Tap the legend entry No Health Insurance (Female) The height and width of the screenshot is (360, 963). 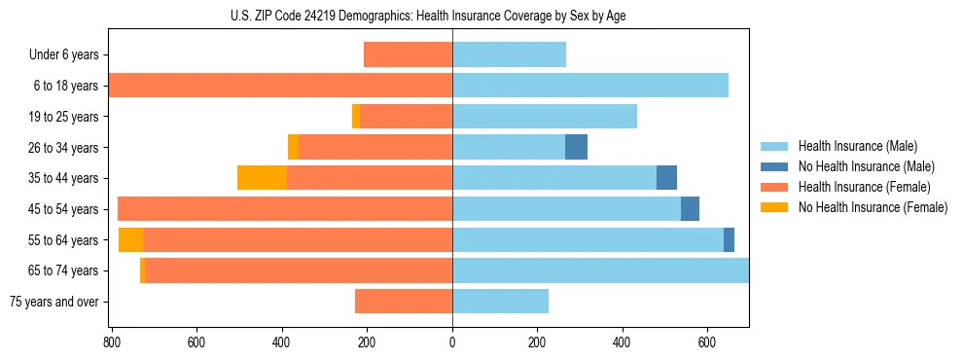(x=873, y=207)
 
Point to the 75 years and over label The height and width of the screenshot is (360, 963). (x=54, y=302)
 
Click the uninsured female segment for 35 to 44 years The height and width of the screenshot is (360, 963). (x=262, y=178)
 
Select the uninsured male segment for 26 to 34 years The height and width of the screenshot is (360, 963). (x=576, y=147)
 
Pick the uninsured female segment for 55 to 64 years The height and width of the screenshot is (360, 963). (x=130, y=239)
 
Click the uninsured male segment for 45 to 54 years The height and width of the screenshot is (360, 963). (x=690, y=209)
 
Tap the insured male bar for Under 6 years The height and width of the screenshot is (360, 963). (x=509, y=54)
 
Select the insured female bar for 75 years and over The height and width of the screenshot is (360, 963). (x=404, y=302)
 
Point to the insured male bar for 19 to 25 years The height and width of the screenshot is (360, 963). (x=545, y=117)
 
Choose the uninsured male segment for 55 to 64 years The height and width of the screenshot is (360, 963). (x=729, y=239)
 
